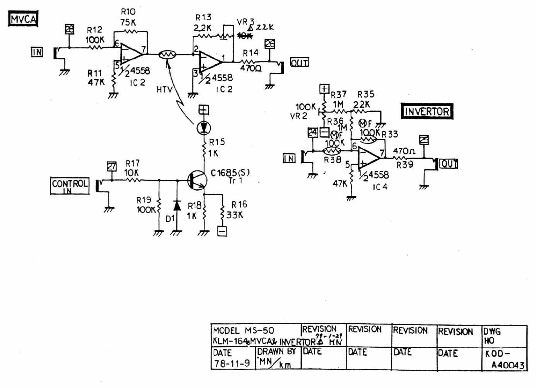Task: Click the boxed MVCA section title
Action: pyautogui.click(x=23, y=19)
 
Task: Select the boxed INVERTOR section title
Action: pyautogui.click(x=427, y=111)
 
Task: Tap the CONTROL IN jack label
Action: pyautogui.click(x=70, y=186)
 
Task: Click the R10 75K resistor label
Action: pyautogui.click(x=128, y=18)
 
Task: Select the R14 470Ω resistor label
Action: pyautogui.click(x=251, y=60)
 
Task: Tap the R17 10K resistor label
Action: pyautogui.click(x=132, y=168)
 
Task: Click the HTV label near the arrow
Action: pyautogui.click(x=164, y=90)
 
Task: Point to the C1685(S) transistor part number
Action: pyautogui.click(x=230, y=172)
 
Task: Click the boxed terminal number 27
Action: pyautogui.click(x=111, y=166)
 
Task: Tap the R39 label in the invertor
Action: pyautogui.click(x=404, y=164)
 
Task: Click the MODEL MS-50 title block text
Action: pyautogui.click(x=243, y=331)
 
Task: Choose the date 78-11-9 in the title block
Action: pyautogui.click(x=231, y=363)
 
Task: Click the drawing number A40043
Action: pyautogui.click(x=507, y=365)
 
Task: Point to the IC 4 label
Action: pyautogui.click(x=379, y=187)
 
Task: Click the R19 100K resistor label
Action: pyautogui.click(x=145, y=205)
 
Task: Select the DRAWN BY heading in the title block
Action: pyautogui.click(x=276, y=351)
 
